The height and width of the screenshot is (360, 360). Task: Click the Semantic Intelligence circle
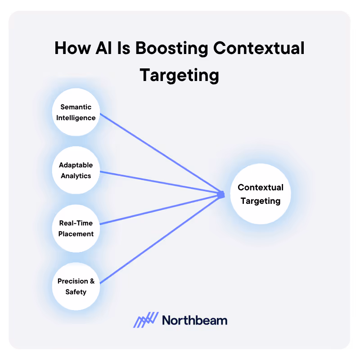[x=76, y=112]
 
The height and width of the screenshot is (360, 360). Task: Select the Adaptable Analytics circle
[x=76, y=170]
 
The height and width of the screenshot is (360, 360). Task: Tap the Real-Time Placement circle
[x=76, y=228]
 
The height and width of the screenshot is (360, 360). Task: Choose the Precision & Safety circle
[x=76, y=286]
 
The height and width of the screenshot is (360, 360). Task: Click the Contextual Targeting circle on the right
[x=261, y=194]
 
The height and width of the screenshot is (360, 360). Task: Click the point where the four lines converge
[x=221, y=194]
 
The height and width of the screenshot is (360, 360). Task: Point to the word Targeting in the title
[x=179, y=75]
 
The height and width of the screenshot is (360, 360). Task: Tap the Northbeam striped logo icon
[x=146, y=319]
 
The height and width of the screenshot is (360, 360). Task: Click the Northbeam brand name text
[x=194, y=320]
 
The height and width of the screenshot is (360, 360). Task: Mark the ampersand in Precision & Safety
[x=92, y=281]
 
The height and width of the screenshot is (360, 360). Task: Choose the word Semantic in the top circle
[x=76, y=107]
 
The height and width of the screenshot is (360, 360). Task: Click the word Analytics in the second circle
[x=76, y=176]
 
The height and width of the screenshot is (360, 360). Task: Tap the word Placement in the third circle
[x=76, y=234]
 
